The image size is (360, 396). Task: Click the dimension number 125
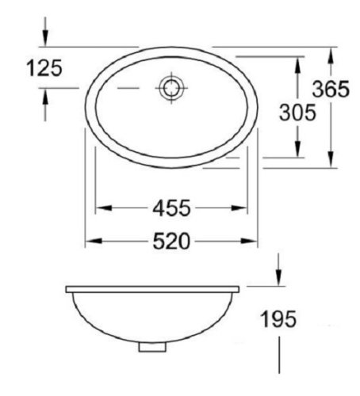tap(44, 69)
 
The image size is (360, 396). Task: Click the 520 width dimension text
tap(172, 242)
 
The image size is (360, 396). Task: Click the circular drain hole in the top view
tap(170, 88)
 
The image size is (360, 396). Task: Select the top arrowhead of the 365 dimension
tap(330, 53)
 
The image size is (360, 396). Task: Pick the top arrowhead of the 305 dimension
tap(298, 61)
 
